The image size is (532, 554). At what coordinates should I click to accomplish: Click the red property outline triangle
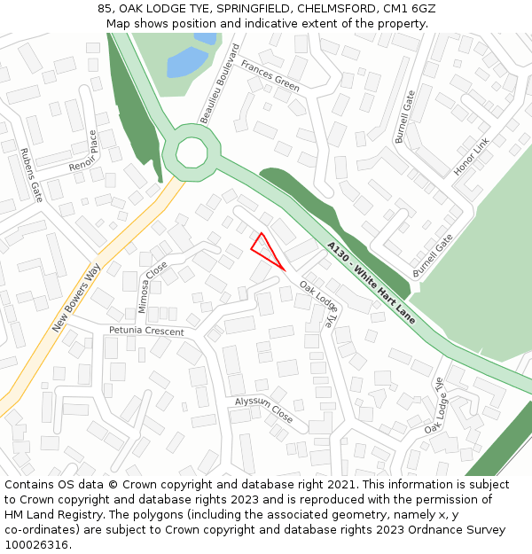pos(265,250)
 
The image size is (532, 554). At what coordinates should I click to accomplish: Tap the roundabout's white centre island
pos(192,152)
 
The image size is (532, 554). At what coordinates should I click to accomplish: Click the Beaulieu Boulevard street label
pos(220,83)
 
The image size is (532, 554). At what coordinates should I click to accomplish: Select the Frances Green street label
pos(270,77)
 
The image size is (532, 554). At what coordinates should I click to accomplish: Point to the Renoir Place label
pos(83,152)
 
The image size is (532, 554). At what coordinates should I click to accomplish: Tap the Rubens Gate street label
pos(31,175)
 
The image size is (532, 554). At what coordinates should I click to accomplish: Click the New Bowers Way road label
pos(75,297)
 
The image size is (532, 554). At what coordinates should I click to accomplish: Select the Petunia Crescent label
pos(146,331)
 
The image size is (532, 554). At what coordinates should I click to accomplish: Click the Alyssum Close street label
pos(263,409)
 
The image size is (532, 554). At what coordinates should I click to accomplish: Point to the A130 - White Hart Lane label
pos(371,282)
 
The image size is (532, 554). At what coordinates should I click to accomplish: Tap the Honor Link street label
pos(471,157)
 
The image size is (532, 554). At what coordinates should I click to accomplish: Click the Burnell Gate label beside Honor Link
pos(404,116)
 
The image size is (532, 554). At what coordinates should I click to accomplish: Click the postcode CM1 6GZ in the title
pos(409,9)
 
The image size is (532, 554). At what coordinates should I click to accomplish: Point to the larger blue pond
pos(188,62)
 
